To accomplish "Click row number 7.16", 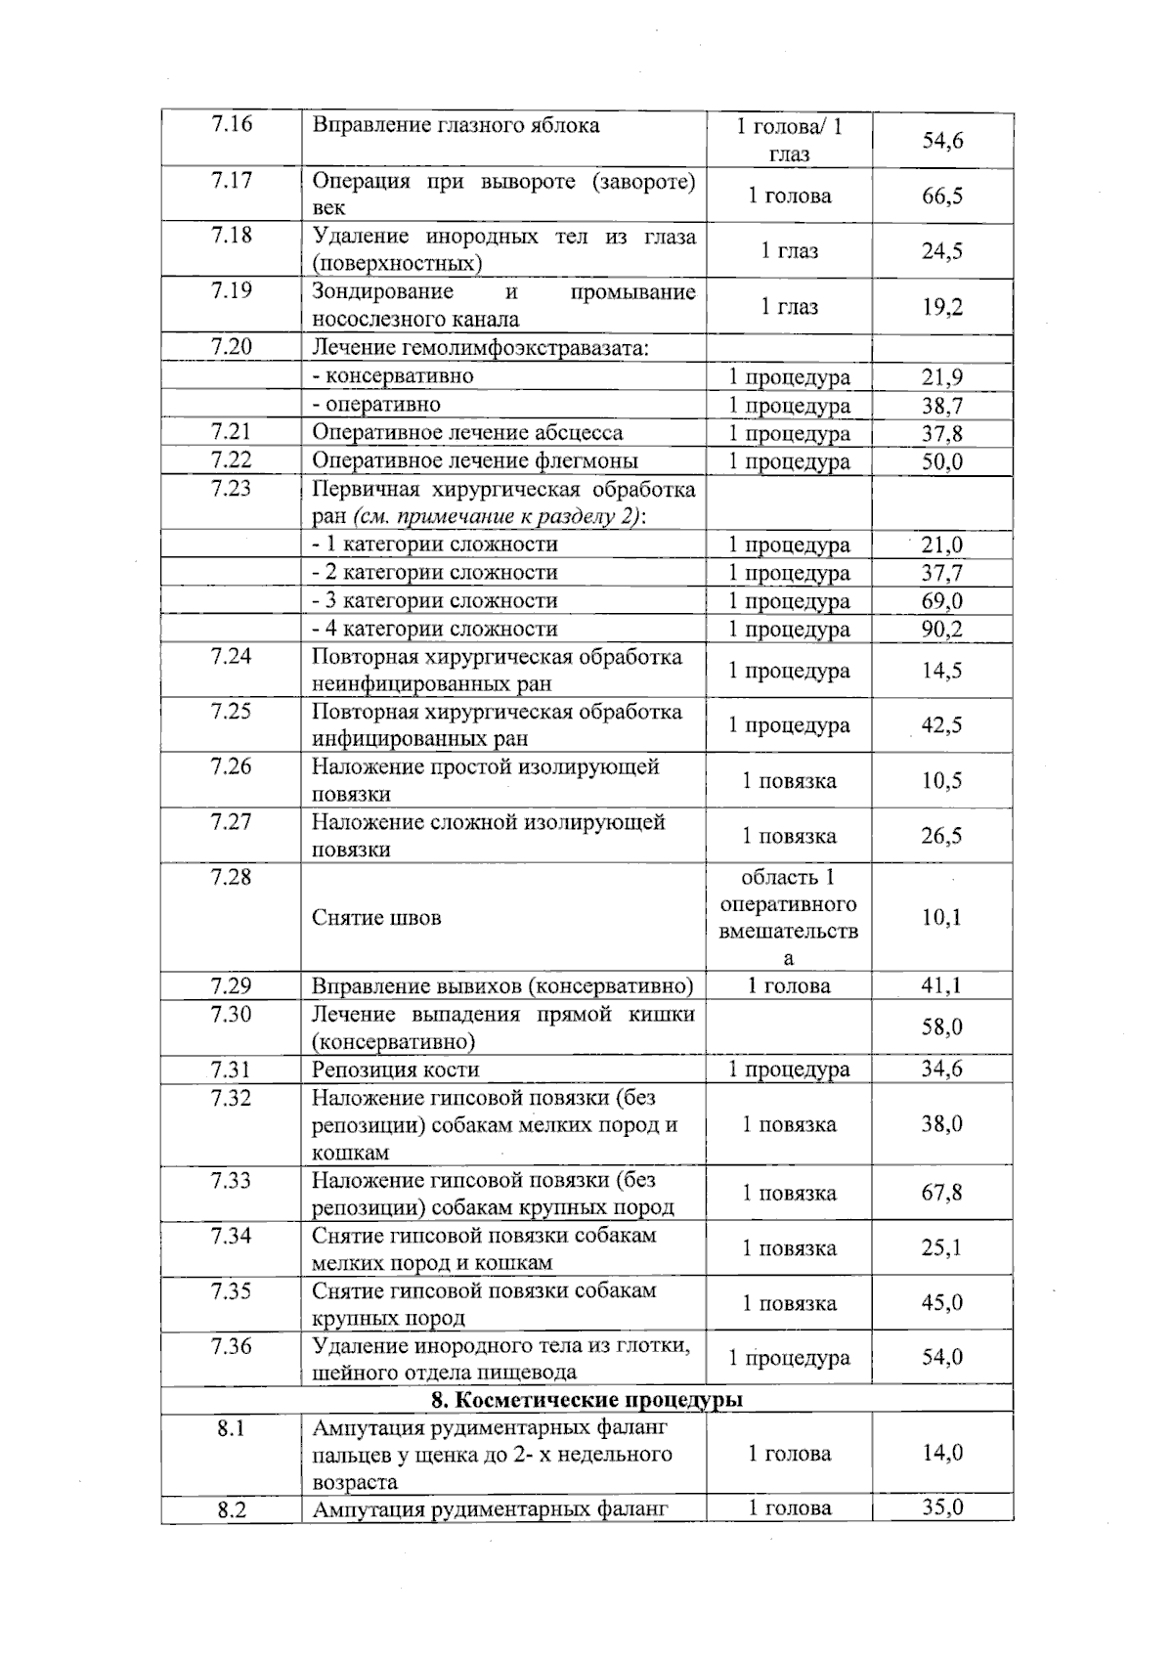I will pos(231,124).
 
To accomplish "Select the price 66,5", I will pos(942,196).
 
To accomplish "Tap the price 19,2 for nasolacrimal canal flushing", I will pos(942,307).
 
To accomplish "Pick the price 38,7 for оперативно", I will pos(942,405).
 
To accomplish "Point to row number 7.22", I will pos(231,460).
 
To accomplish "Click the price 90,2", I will pos(942,629).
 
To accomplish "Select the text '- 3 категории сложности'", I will pos(434,600).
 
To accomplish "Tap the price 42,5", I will pos(942,724).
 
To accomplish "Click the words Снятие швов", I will pos(376,917).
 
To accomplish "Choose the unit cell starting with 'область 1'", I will pos(789,917).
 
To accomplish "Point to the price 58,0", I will pos(942,1026).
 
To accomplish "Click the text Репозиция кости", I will pos(395,1070).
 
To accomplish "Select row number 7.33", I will pos(231,1180).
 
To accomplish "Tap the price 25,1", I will pos(942,1247).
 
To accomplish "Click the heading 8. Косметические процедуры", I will pos(586,1400).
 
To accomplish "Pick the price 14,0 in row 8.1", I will pos(942,1453).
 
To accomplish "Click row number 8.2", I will pos(231,1509).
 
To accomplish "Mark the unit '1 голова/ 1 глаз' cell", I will pos(789,139).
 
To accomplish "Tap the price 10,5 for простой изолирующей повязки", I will pos(942,780).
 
